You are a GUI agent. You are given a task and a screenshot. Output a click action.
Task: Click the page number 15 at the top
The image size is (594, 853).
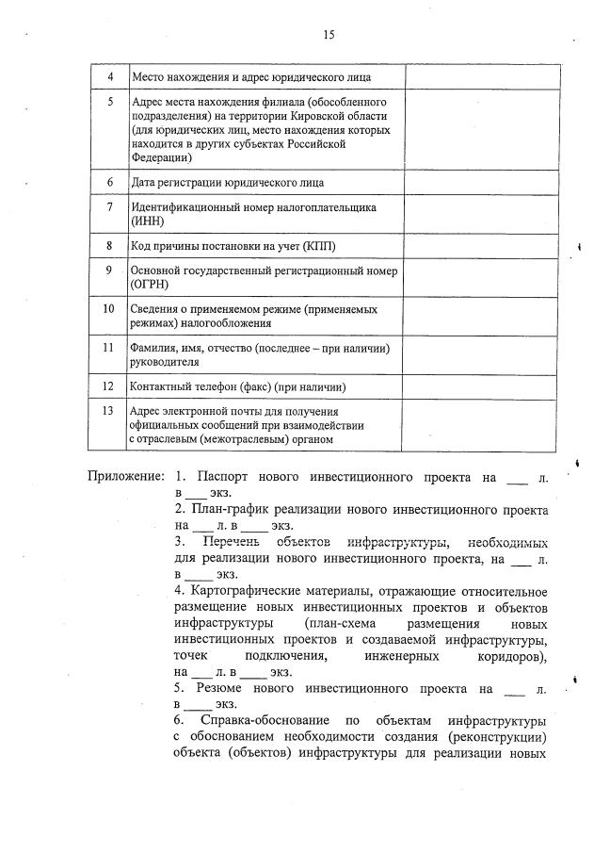click(x=329, y=35)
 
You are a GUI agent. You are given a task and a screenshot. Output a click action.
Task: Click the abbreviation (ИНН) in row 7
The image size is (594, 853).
click(x=149, y=221)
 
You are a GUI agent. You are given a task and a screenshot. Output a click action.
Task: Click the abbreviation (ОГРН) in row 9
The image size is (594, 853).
click(x=153, y=284)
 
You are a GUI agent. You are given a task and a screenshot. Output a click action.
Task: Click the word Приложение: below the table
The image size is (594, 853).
click(x=127, y=478)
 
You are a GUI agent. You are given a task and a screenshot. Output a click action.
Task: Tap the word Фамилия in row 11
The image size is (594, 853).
click(x=159, y=349)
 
